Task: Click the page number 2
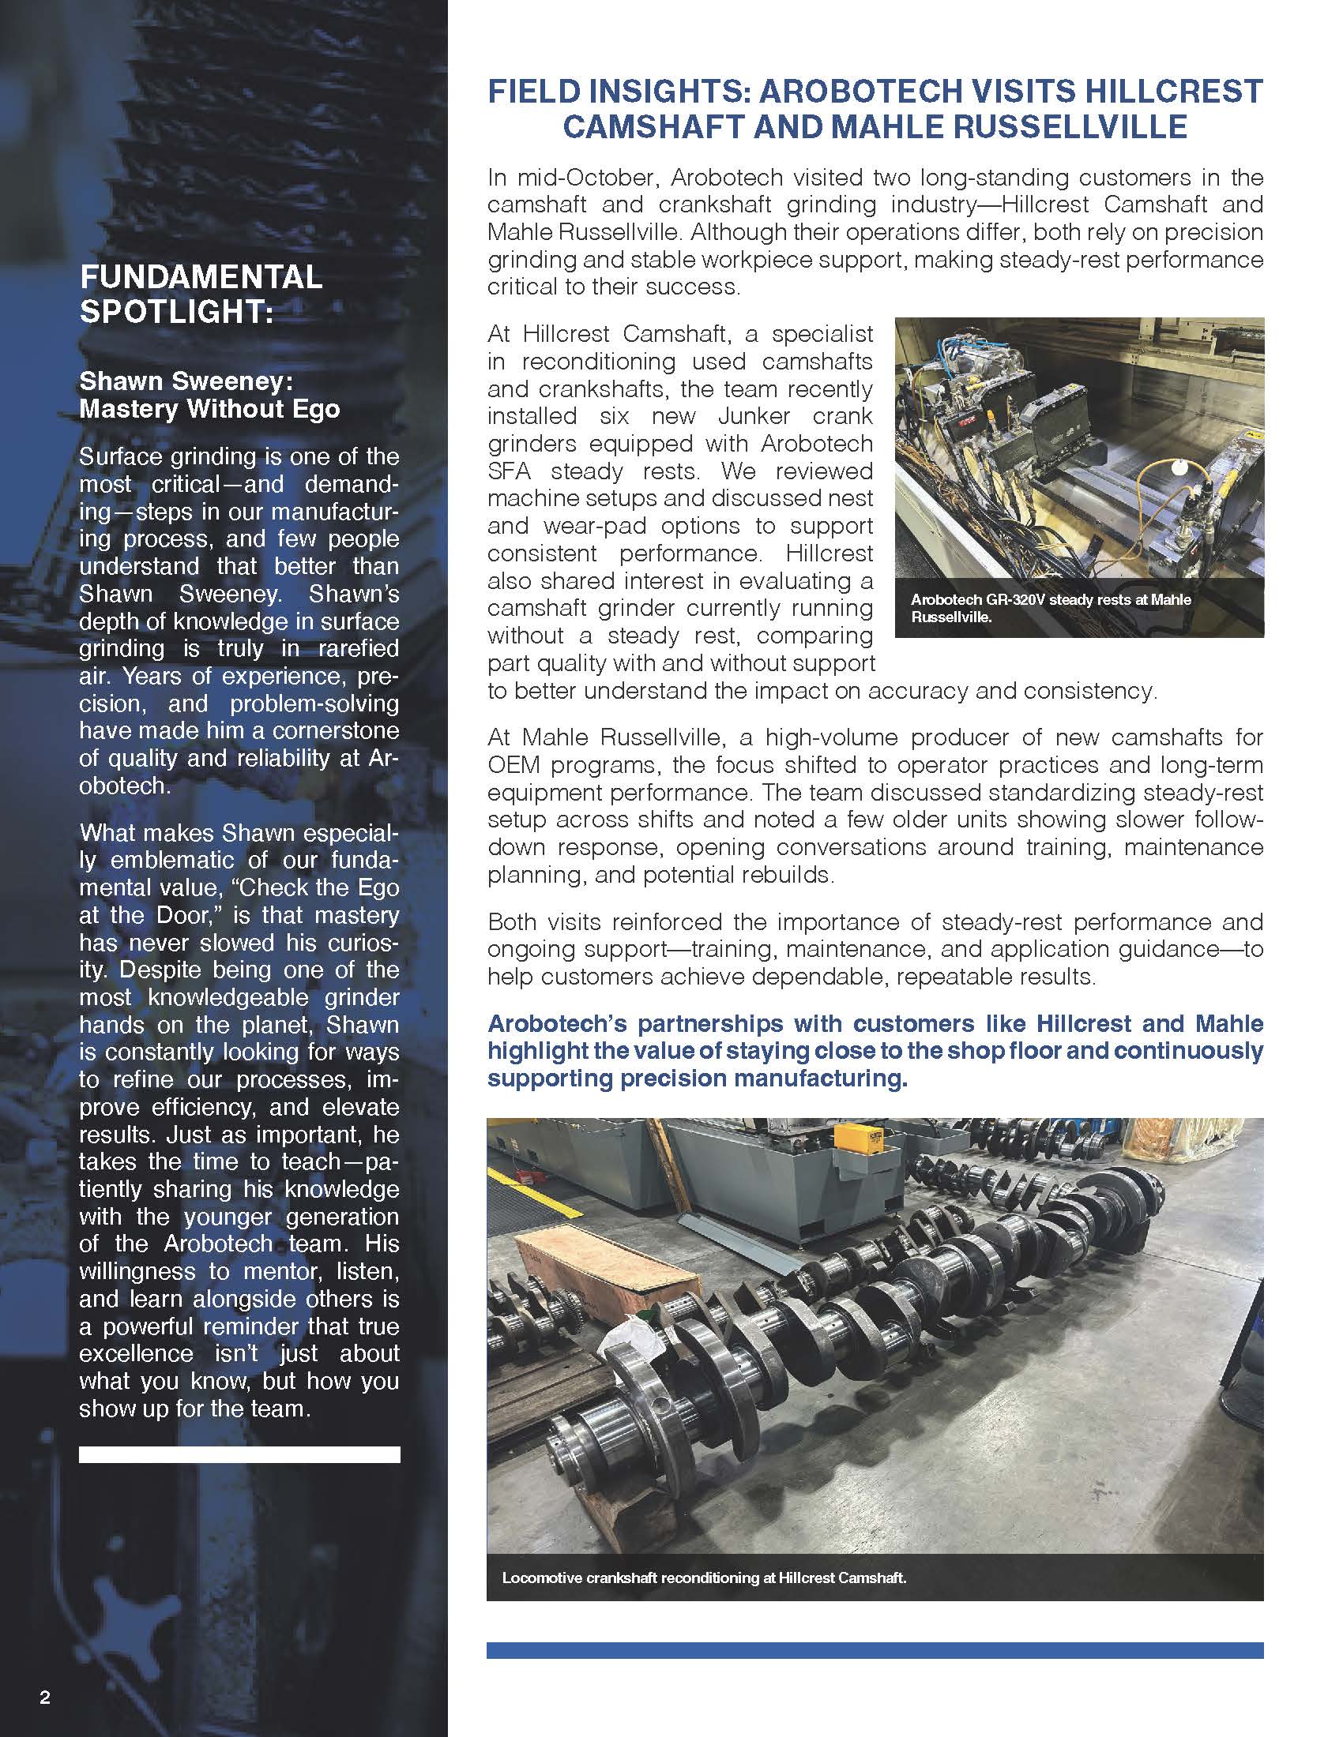coord(44,1698)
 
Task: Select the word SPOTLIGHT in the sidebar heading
coord(176,311)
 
